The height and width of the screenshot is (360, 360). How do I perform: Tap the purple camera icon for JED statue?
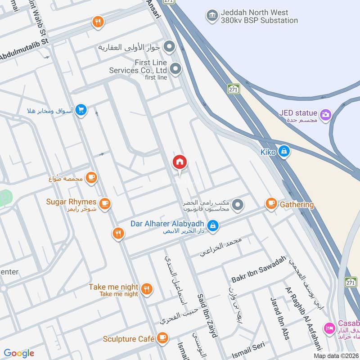pos(325,114)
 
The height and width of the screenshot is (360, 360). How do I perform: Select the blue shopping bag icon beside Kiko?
pos(283,152)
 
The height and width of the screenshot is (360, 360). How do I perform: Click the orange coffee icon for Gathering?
pos(271,204)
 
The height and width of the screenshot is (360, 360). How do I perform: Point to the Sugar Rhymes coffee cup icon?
pos(105,204)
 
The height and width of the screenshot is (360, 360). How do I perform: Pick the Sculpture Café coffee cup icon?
pos(162,338)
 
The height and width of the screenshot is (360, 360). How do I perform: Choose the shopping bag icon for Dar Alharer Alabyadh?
pos(214,225)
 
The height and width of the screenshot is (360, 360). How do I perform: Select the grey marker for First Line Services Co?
pos(175,69)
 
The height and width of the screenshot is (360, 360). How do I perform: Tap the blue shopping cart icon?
pos(81,110)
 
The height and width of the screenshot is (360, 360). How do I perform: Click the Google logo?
pos(19,353)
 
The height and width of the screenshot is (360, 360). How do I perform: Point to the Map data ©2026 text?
pos(336,356)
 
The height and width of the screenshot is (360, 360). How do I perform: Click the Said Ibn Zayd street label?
pos(207,315)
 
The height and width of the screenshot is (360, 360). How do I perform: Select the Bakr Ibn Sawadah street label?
pos(259,269)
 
